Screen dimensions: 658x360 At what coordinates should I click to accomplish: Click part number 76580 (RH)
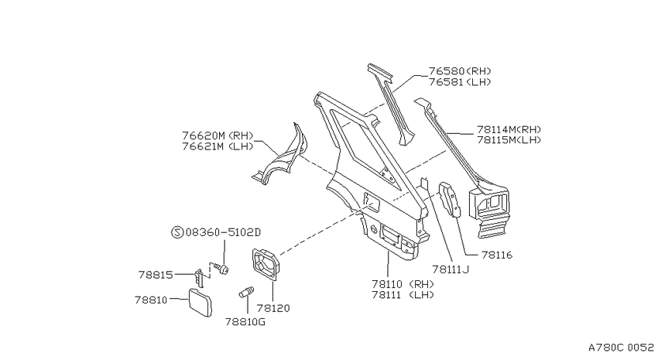(460, 71)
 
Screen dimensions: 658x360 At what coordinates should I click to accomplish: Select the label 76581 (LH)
(460, 82)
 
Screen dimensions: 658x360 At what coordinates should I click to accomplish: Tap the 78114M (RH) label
(509, 129)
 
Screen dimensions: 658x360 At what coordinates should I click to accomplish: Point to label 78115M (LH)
(509, 140)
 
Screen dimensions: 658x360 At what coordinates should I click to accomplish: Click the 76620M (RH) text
(218, 135)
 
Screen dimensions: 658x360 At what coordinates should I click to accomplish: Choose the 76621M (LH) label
(218, 146)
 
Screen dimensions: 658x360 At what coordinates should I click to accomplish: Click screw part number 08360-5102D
(223, 232)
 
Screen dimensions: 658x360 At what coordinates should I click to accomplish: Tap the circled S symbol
(177, 232)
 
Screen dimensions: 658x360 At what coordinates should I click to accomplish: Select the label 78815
(156, 275)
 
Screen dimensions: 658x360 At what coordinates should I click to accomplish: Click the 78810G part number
(245, 322)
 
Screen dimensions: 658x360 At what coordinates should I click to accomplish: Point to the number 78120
(273, 308)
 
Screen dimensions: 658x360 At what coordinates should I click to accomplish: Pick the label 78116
(497, 255)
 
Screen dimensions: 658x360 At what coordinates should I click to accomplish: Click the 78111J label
(451, 269)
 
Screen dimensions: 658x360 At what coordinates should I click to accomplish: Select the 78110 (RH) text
(403, 284)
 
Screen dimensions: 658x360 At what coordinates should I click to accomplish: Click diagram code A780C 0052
(621, 348)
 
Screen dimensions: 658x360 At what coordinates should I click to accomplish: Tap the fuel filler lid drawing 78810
(199, 302)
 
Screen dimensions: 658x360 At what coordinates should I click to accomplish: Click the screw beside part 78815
(221, 268)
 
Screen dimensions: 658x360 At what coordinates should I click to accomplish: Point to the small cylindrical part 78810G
(246, 291)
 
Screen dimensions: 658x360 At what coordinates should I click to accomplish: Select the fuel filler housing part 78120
(266, 263)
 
